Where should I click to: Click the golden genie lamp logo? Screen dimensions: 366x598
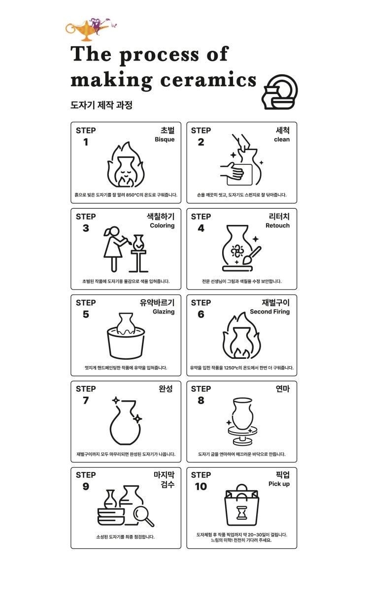(88, 30)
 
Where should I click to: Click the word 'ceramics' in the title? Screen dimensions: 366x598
(208, 80)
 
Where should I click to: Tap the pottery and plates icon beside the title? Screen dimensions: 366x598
(279, 92)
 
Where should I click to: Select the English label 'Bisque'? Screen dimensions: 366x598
(165, 139)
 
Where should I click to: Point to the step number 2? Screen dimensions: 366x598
(201, 142)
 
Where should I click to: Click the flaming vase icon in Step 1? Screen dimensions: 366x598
(126, 165)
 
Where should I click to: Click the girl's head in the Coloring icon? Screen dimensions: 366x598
(114, 231)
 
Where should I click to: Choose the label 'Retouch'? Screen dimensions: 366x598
(277, 225)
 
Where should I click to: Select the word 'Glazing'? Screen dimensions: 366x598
(164, 312)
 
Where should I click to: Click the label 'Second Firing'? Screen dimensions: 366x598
(270, 312)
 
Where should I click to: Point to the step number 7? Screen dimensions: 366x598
(86, 400)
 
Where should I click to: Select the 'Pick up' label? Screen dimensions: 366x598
(279, 484)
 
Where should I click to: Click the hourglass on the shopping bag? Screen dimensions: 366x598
(242, 512)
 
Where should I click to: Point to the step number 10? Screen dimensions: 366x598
(201, 486)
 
